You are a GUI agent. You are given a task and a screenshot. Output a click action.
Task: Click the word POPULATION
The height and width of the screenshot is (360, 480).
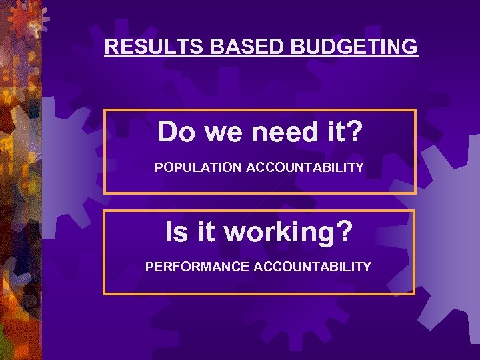click(198, 167)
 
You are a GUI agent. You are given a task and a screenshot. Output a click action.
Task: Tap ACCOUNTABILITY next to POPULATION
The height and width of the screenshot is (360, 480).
click(305, 167)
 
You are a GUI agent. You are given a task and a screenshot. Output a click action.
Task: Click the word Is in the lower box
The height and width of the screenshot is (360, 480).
click(177, 232)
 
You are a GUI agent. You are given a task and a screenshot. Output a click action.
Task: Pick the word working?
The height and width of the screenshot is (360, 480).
click(289, 232)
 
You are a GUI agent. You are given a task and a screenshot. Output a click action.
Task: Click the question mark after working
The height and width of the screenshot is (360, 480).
click(345, 232)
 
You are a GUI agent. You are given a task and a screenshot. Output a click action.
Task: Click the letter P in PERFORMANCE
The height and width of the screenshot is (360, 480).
click(150, 267)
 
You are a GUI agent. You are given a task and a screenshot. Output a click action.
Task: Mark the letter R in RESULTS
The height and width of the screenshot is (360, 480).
click(111, 47)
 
